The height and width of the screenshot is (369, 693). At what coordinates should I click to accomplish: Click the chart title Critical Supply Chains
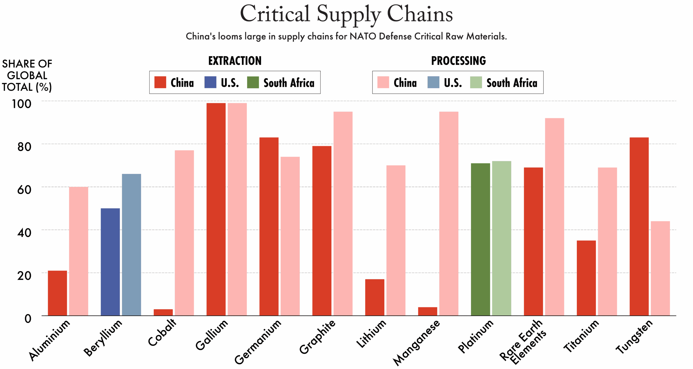(x=346, y=14)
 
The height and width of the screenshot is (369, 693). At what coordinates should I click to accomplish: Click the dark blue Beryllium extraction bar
(x=110, y=262)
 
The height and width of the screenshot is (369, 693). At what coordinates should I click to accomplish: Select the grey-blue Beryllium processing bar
(x=131, y=245)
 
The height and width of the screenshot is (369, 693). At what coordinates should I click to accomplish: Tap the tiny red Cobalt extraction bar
(x=163, y=312)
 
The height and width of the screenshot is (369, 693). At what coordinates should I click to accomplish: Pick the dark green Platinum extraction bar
(x=480, y=239)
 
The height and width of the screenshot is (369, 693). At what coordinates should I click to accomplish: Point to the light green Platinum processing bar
(x=501, y=238)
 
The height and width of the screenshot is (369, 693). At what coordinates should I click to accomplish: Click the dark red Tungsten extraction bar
(x=639, y=226)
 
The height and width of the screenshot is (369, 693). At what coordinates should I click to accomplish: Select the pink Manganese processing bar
(x=449, y=213)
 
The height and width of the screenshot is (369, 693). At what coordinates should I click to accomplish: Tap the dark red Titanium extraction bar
(x=586, y=278)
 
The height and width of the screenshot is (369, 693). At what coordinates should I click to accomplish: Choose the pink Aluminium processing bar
(x=79, y=251)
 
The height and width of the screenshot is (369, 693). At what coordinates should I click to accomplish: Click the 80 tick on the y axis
(x=24, y=147)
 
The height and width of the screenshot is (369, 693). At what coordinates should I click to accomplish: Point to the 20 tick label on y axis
(x=24, y=276)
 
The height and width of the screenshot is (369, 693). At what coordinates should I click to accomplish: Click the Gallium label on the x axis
(x=212, y=335)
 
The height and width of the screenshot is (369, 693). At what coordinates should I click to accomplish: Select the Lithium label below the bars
(x=371, y=334)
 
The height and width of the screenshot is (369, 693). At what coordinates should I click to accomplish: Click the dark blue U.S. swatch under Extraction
(x=210, y=82)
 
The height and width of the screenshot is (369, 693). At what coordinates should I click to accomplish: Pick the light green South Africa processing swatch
(x=476, y=82)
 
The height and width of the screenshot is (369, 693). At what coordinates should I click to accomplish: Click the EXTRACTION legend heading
(x=235, y=61)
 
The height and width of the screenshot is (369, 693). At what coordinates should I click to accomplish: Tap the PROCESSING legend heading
(x=458, y=61)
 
